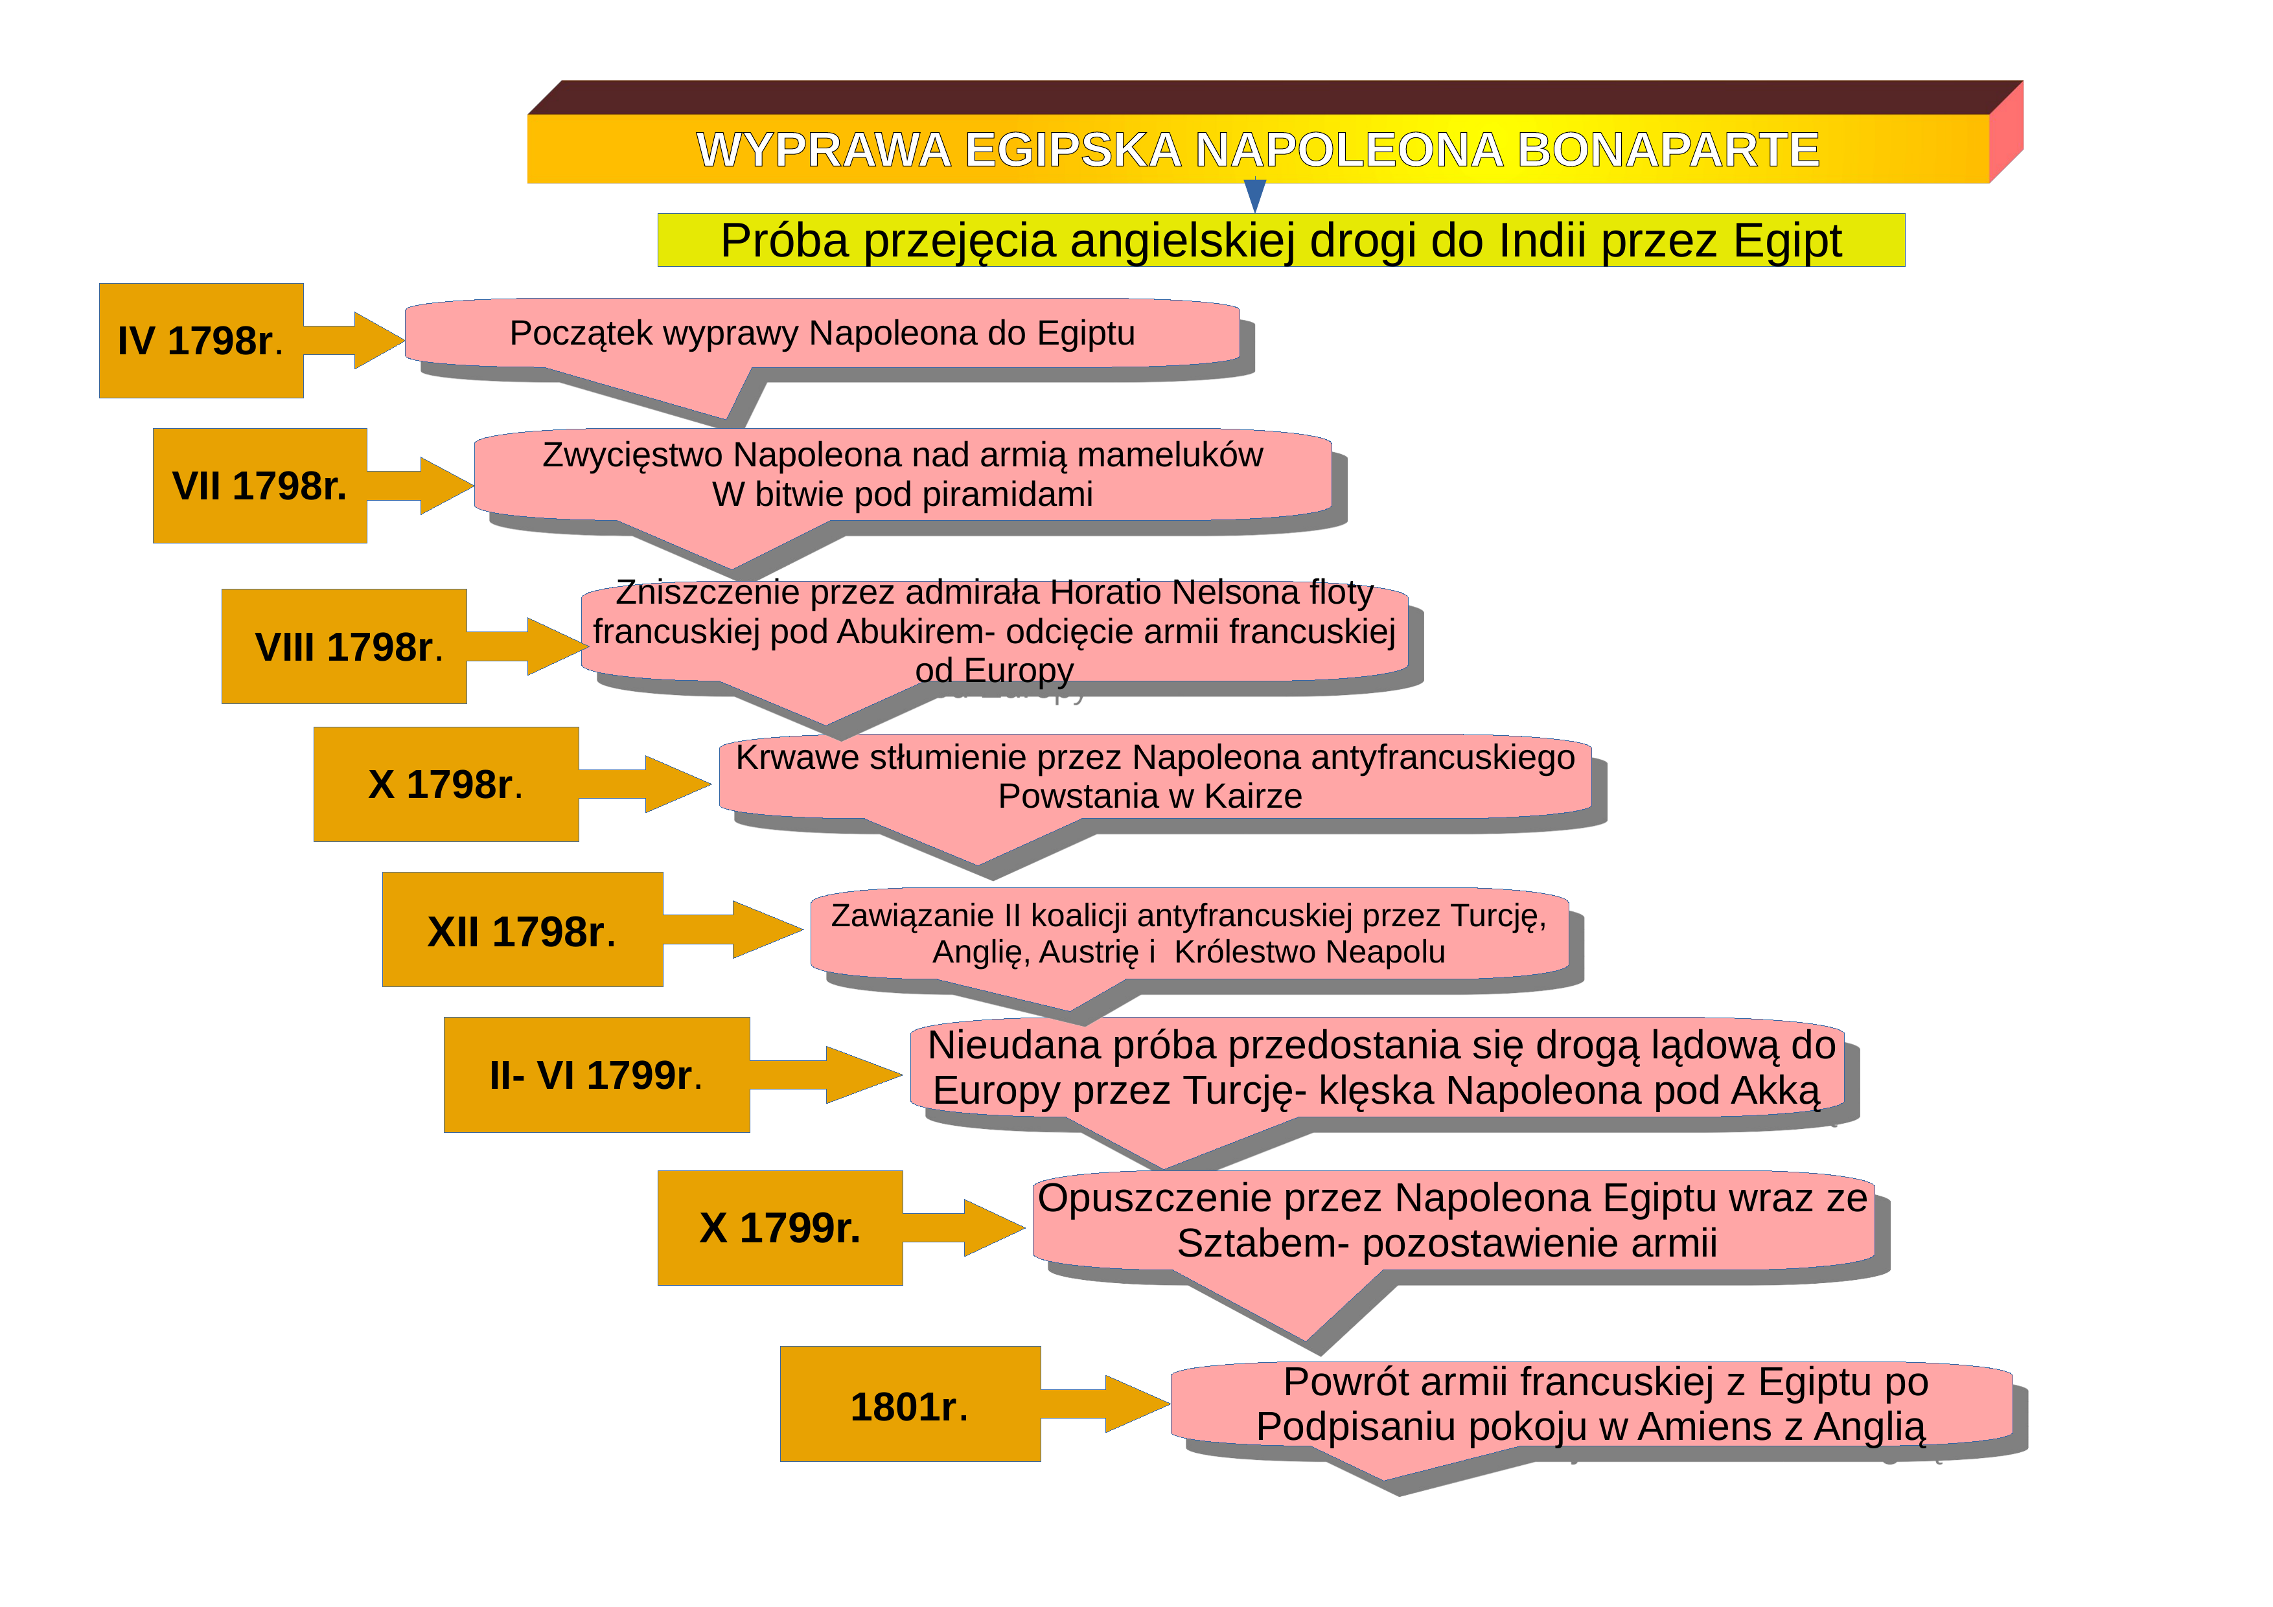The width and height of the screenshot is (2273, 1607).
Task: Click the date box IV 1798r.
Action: [x=201, y=341]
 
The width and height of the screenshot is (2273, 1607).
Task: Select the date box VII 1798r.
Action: [x=259, y=485]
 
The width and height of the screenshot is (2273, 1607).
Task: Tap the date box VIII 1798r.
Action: [x=343, y=646]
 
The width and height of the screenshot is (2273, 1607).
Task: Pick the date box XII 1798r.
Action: [x=523, y=929]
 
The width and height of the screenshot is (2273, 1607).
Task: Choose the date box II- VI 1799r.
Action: [x=597, y=1075]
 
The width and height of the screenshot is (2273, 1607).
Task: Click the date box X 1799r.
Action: [x=780, y=1228]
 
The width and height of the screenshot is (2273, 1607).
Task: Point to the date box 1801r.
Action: [x=910, y=1404]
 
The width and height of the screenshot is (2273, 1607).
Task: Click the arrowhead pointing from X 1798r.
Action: [x=678, y=784]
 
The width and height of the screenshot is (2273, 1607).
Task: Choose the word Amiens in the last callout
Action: [x=1699, y=1427]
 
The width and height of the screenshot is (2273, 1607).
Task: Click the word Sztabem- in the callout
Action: [x=1263, y=1244]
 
